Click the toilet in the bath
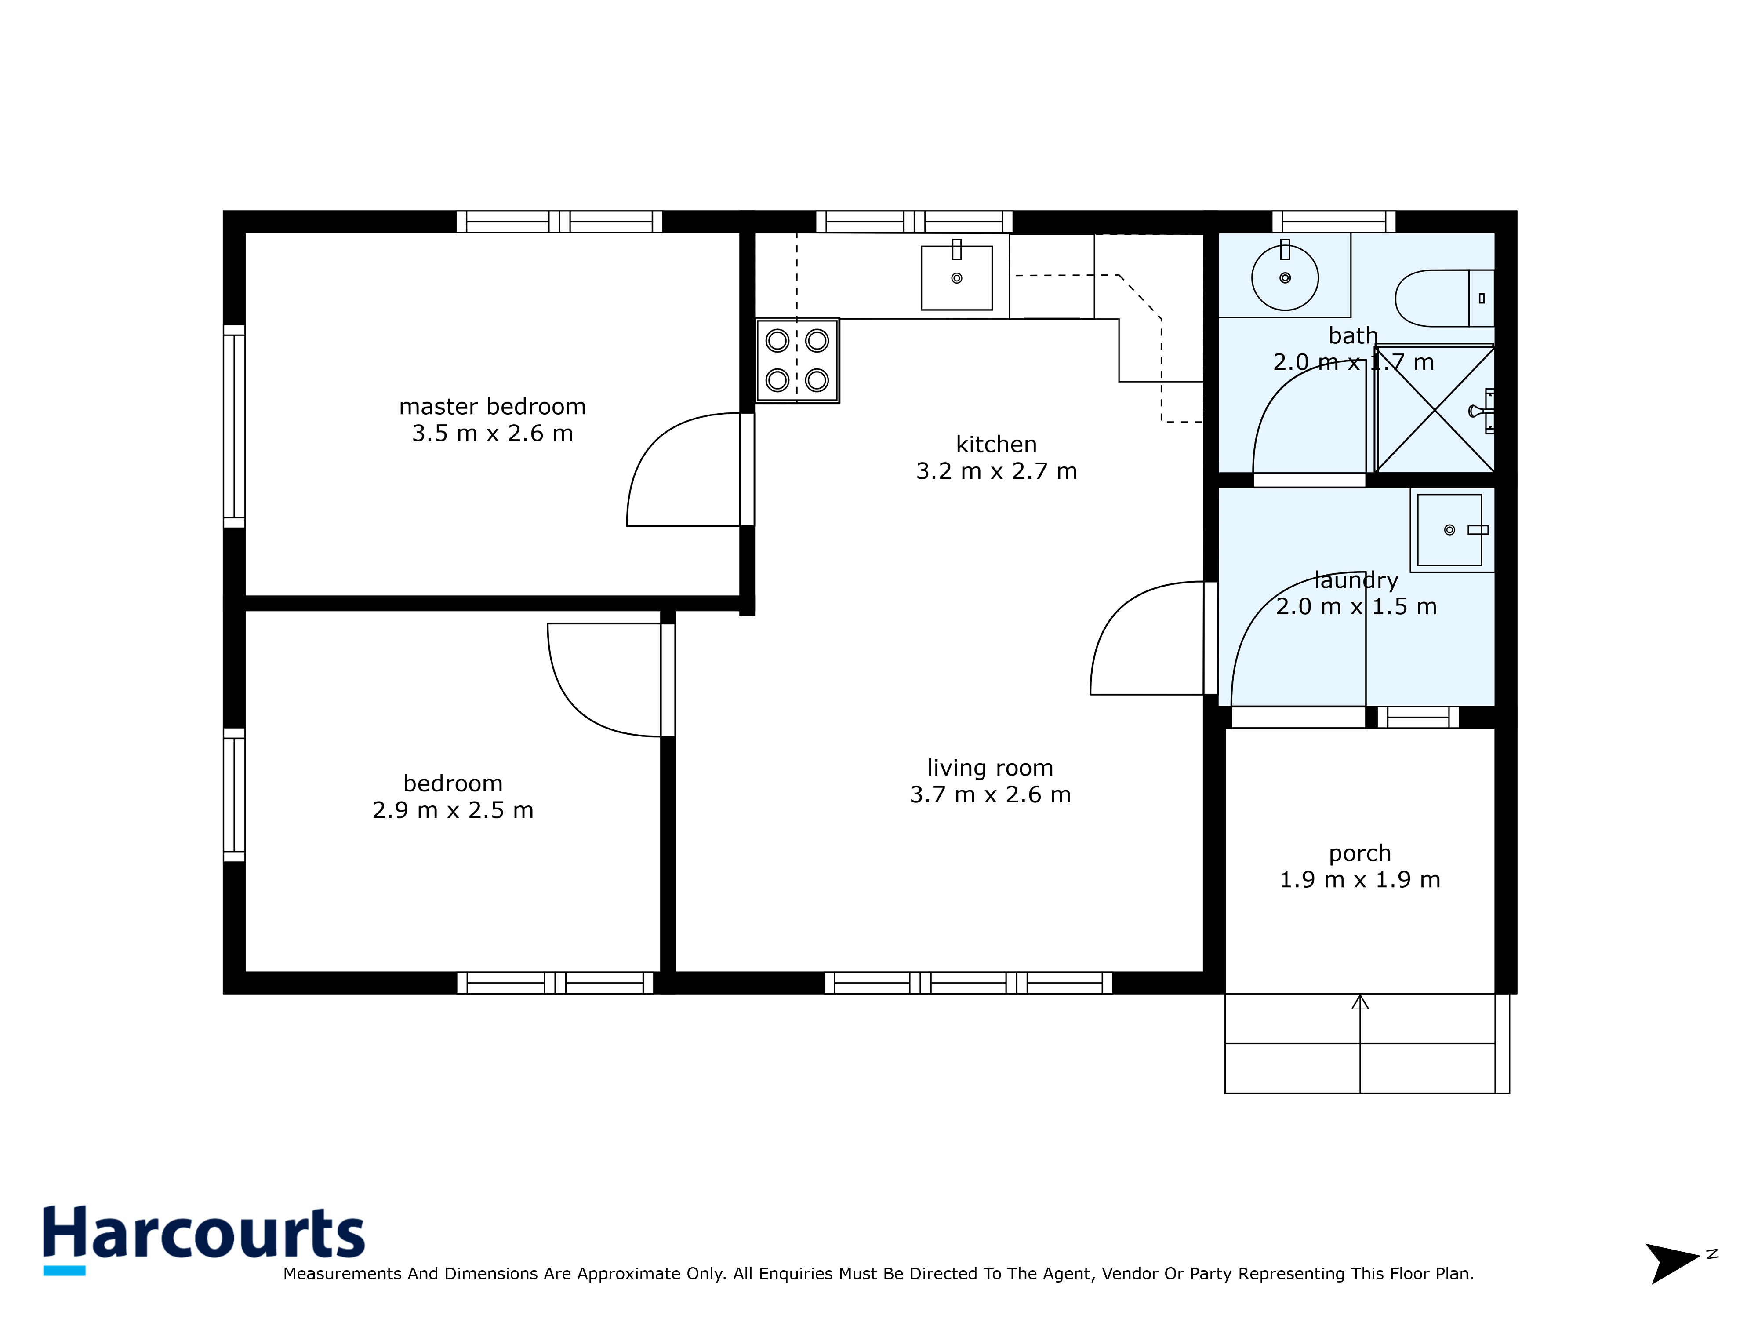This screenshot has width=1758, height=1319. [x=1442, y=298]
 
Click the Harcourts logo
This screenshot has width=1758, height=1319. [x=203, y=1235]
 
